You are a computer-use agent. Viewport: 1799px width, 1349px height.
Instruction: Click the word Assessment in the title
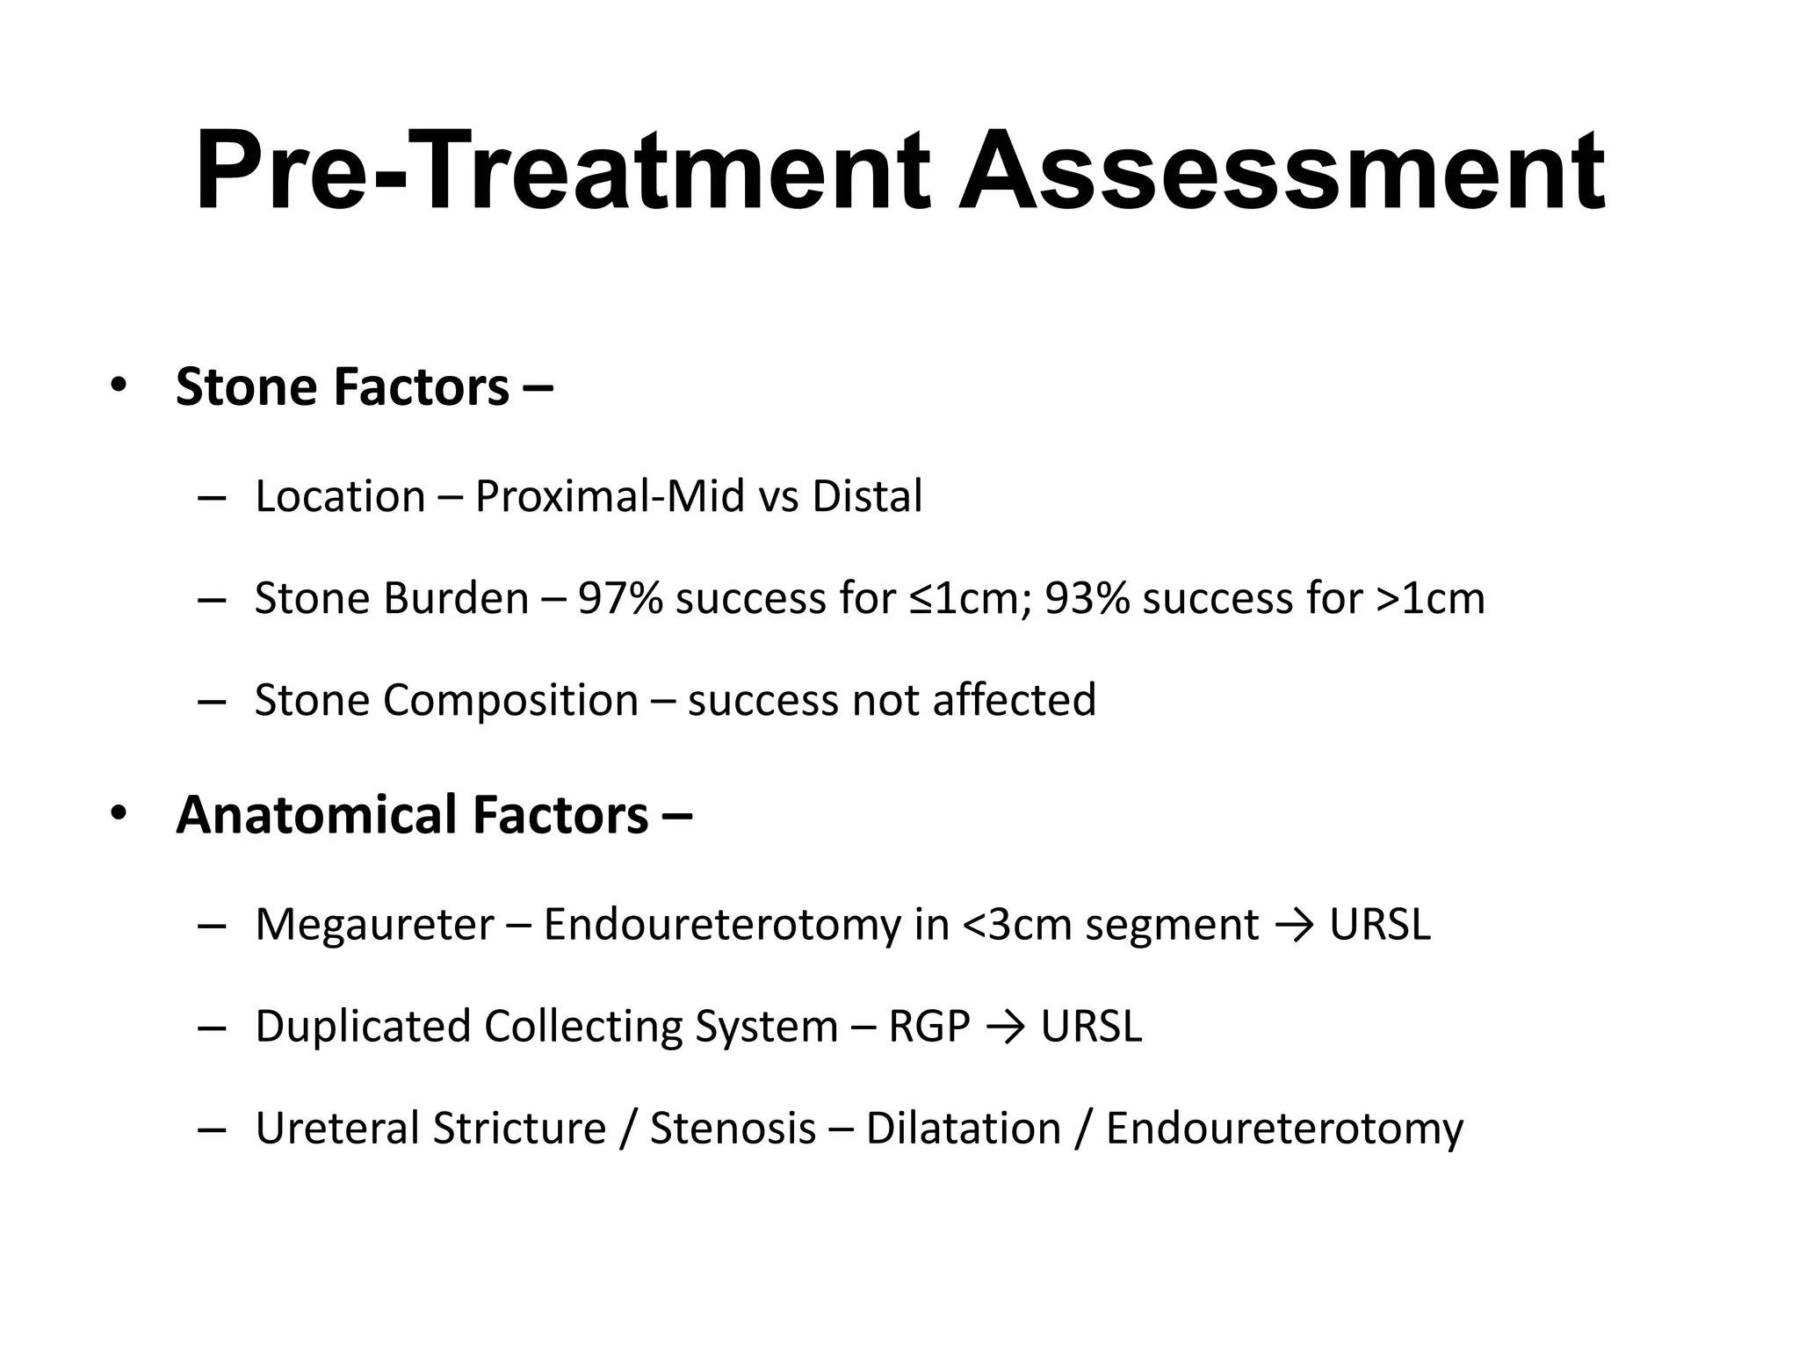pos(1282,171)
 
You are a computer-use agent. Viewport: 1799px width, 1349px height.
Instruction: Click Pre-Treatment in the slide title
pos(562,171)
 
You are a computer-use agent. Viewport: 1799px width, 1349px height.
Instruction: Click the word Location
pos(340,496)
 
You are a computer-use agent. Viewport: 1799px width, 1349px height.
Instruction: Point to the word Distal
pos(867,496)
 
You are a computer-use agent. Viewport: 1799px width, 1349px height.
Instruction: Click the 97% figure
pos(619,598)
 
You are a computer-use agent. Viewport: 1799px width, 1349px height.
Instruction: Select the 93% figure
pos(1087,598)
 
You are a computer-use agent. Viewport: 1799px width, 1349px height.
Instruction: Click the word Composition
pos(510,700)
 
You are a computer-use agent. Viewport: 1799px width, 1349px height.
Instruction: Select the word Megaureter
pos(375,925)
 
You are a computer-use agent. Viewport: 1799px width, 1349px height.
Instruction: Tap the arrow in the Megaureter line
pos(1294,926)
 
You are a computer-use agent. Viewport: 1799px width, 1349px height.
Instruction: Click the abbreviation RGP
pos(928,1027)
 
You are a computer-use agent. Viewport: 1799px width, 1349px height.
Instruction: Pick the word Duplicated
pos(363,1027)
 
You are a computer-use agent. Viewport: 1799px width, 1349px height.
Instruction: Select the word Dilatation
pos(963,1129)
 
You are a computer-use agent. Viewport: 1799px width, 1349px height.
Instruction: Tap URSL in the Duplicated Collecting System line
pos(1091,1027)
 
